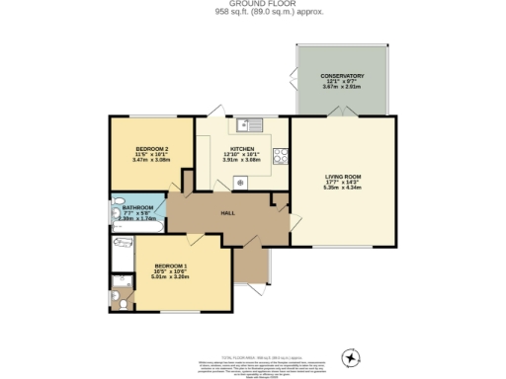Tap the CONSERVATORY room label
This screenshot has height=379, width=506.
pos(342,76)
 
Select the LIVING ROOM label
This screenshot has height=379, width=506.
pos(343,177)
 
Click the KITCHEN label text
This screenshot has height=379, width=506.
pos(243,149)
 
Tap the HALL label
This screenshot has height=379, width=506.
pos(226,213)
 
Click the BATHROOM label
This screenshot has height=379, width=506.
pos(137,207)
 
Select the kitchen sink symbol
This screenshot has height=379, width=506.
pos(246,124)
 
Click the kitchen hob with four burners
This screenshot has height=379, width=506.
pos(281,155)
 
